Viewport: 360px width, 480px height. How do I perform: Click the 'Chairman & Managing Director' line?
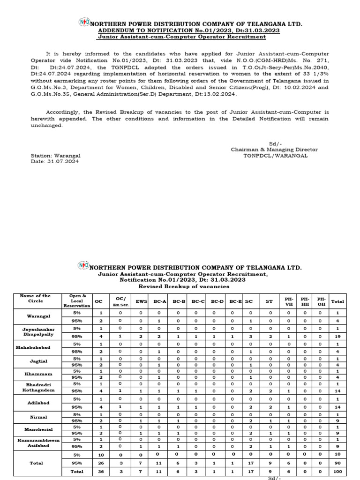[x=274, y=150]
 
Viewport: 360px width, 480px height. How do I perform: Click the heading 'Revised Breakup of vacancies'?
[x=183, y=286]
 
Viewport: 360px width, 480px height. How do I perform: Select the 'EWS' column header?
[x=141, y=301]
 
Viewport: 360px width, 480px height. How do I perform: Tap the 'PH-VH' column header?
[x=288, y=301]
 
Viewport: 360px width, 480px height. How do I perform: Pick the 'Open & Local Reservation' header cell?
[x=78, y=301]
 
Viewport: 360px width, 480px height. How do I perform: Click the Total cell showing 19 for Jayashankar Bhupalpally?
[x=337, y=337]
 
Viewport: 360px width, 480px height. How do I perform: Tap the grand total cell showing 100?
[x=337, y=472]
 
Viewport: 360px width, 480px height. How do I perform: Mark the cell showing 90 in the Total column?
[x=337, y=463]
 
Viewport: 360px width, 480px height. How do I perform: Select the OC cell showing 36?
[x=100, y=472]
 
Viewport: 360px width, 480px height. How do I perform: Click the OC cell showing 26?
[x=100, y=463]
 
